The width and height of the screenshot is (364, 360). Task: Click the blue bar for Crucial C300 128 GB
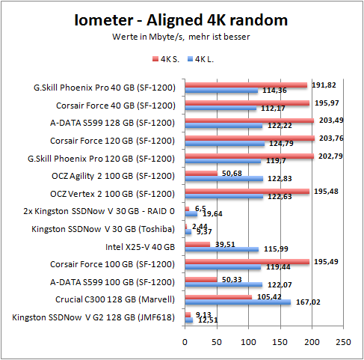point(238,302)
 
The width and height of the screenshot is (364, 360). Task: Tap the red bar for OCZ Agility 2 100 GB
point(202,173)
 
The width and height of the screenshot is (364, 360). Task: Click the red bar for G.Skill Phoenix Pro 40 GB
point(246,85)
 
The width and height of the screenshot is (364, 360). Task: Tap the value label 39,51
point(226,243)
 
